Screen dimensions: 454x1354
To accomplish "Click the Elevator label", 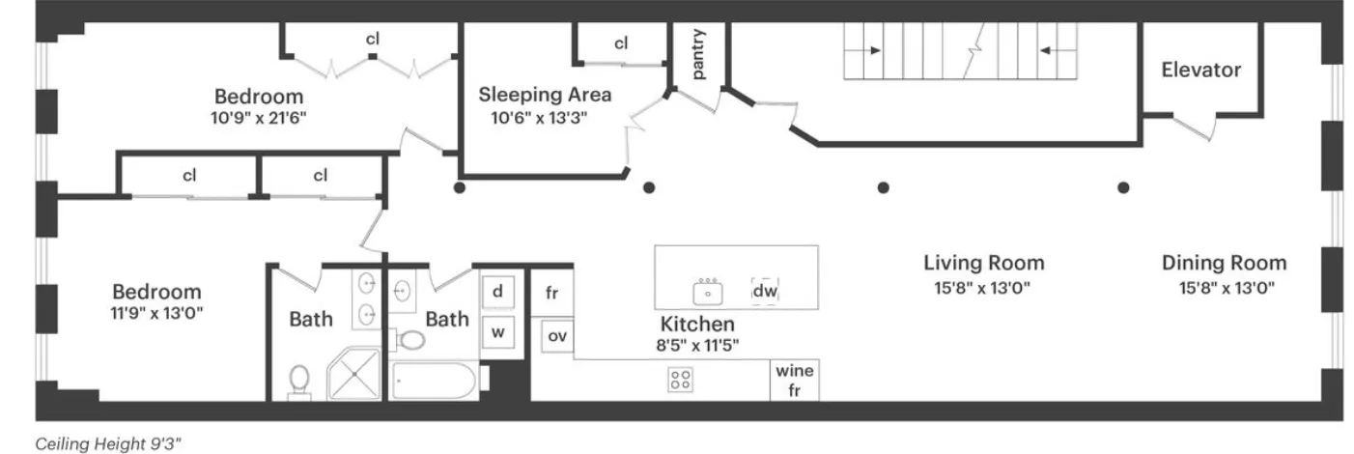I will (x=1200, y=70).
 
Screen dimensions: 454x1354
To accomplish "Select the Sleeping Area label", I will (x=545, y=95).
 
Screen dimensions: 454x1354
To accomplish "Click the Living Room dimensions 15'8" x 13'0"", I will (x=983, y=287).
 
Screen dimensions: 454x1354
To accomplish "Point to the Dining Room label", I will (x=1224, y=263).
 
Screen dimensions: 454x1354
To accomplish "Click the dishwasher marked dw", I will (x=765, y=290).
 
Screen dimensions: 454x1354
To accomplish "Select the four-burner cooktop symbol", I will (x=680, y=380).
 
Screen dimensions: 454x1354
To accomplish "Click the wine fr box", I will (x=795, y=380).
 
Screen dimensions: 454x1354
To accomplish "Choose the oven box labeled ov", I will (x=556, y=336).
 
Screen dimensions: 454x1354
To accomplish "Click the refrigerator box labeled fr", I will (x=551, y=294).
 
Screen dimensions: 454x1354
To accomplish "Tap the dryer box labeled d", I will (x=497, y=291).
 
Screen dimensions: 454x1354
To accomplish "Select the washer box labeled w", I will (x=497, y=332).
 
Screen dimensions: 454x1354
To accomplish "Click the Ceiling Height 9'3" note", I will (x=108, y=443).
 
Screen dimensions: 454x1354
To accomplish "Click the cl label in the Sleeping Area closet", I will (x=621, y=43).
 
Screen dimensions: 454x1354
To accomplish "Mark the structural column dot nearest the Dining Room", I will (x=1122, y=187).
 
